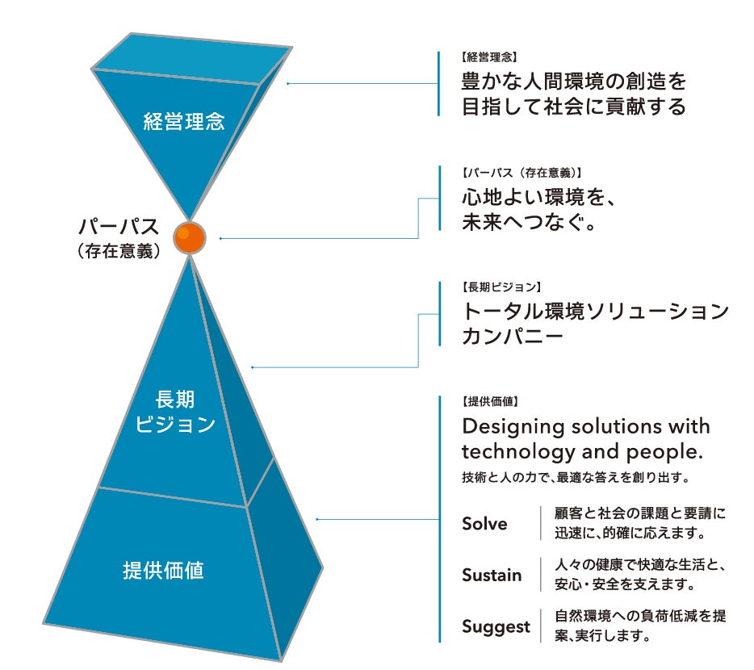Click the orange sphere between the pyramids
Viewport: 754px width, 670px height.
pyautogui.click(x=190, y=239)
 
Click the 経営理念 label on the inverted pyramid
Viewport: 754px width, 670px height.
pyautogui.click(x=183, y=123)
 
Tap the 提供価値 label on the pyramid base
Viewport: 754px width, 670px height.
pyautogui.click(x=164, y=571)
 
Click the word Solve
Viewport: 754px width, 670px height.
pyautogui.click(x=484, y=524)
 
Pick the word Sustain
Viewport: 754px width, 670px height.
pyautogui.click(x=492, y=576)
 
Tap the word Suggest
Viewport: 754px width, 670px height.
pyautogui.click(x=496, y=626)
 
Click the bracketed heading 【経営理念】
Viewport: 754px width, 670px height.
pyautogui.click(x=488, y=58)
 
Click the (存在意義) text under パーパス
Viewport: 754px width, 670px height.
pyautogui.click(x=119, y=250)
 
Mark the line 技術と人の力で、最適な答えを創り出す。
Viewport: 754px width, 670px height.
pyautogui.click(x=575, y=476)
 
